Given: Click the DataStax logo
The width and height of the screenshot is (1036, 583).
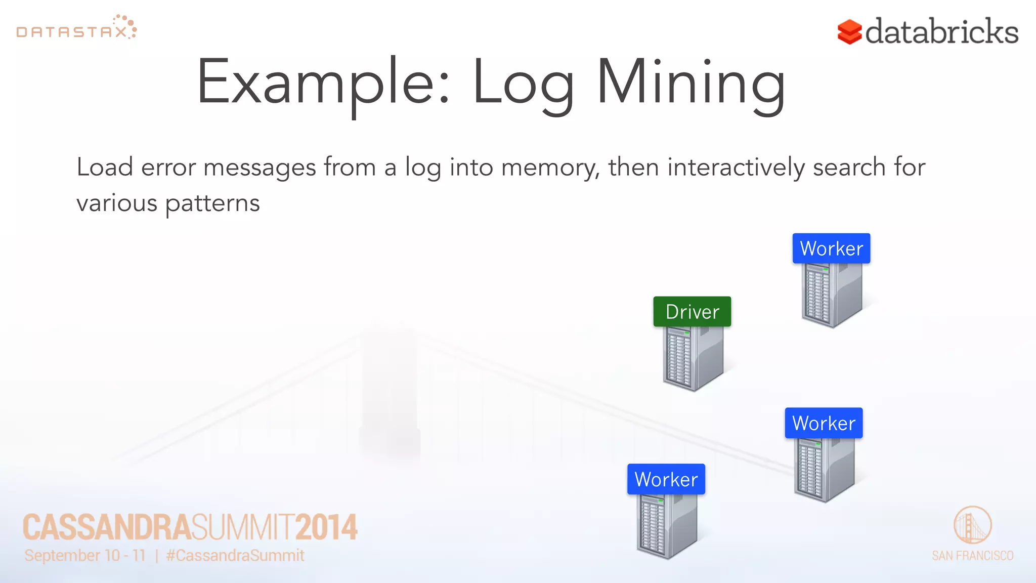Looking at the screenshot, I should pyautogui.click(x=76, y=28).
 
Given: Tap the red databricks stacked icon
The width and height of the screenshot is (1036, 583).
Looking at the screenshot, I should pyautogui.click(x=849, y=32).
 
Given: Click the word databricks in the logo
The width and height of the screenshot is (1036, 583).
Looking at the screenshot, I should pyautogui.click(x=941, y=31).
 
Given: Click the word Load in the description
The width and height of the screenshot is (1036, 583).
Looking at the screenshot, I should pyautogui.click(x=105, y=167).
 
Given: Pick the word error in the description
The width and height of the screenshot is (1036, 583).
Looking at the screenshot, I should pyautogui.click(x=168, y=168).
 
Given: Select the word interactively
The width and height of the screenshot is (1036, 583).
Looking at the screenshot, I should pyautogui.click(x=736, y=168).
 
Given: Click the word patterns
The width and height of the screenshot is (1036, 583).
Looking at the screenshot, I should pyautogui.click(x=212, y=203).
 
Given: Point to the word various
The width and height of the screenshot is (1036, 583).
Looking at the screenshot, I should pyautogui.click(x=117, y=203).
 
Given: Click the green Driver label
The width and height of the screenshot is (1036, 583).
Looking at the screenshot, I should pyautogui.click(x=692, y=312).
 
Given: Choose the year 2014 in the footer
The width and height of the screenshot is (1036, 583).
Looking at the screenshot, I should pyautogui.click(x=327, y=527).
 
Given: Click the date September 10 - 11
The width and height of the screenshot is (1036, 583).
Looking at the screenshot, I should pyautogui.click(x=85, y=556).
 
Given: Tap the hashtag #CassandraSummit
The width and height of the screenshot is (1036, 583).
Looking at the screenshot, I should pyautogui.click(x=235, y=556).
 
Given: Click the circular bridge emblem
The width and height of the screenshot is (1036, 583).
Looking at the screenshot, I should pyautogui.click(x=972, y=525).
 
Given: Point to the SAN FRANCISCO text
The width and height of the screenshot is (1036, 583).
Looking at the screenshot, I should pyautogui.click(x=972, y=556).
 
